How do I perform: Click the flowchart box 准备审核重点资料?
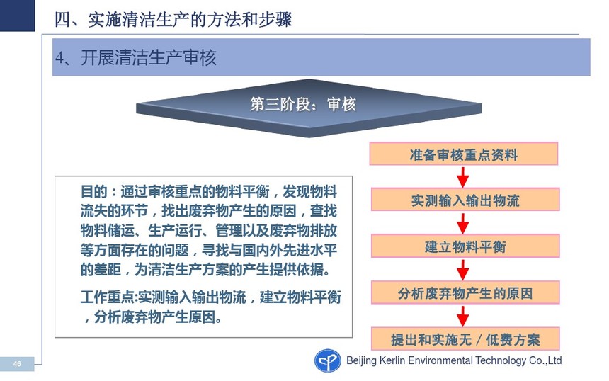point(463,154)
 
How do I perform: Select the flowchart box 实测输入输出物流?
point(465,200)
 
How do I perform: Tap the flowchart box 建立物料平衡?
point(465,246)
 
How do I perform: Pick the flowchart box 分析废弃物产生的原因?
point(465,292)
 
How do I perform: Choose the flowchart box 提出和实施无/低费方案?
point(465,339)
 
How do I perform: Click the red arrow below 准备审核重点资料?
point(462,177)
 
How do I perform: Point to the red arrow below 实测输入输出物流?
point(462,223)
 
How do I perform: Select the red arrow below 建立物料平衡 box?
point(462,270)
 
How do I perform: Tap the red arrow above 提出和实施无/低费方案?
point(462,317)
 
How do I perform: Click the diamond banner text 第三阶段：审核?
point(302,105)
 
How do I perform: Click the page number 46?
point(17,364)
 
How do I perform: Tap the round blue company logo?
point(327,360)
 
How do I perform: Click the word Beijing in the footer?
point(362,360)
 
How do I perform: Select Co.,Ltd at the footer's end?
point(545,360)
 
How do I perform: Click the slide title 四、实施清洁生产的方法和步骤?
point(173,19)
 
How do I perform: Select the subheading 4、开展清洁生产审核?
point(135,58)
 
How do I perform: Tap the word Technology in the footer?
point(501,360)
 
